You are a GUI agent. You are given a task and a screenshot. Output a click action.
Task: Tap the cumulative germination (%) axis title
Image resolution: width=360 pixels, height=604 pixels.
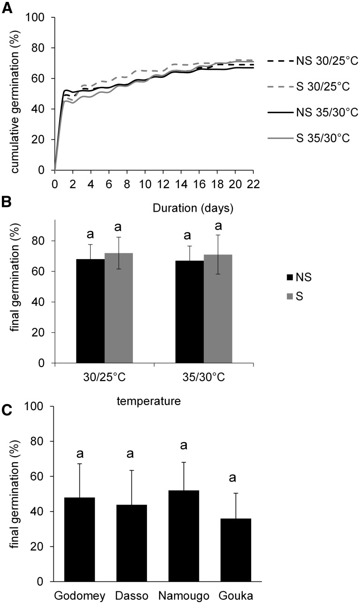click(16, 94)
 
